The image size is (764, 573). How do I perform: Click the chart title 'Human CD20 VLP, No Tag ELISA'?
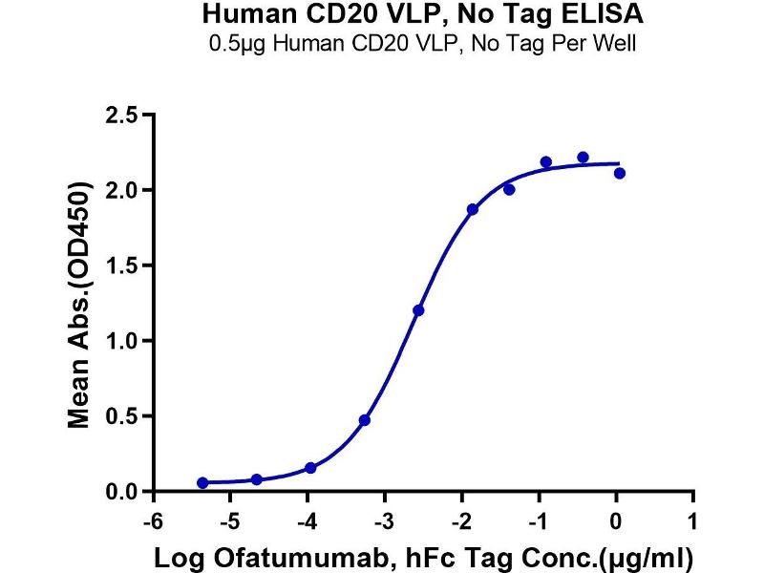tap(422, 16)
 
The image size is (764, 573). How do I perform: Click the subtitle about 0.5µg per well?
tap(422, 44)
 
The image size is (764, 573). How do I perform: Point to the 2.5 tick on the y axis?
tap(121, 116)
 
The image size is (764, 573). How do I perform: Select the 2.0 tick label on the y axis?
tap(121, 190)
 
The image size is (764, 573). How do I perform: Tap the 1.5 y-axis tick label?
tap(121, 265)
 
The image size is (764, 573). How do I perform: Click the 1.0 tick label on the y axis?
tap(121, 341)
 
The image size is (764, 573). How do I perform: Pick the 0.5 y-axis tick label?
tap(121, 416)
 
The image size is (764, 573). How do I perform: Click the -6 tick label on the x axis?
tap(150, 521)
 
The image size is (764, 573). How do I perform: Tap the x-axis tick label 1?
tap(693, 521)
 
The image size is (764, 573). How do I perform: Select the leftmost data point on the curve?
tap(202, 483)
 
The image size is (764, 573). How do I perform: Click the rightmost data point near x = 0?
tap(620, 173)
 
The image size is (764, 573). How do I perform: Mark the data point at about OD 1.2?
tap(418, 310)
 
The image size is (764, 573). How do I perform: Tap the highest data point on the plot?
tap(583, 158)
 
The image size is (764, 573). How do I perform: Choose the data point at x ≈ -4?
tap(310, 468)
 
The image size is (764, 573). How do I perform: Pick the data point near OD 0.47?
tap(365, 420)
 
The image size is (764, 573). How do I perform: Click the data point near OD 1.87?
tap(473, 209)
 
